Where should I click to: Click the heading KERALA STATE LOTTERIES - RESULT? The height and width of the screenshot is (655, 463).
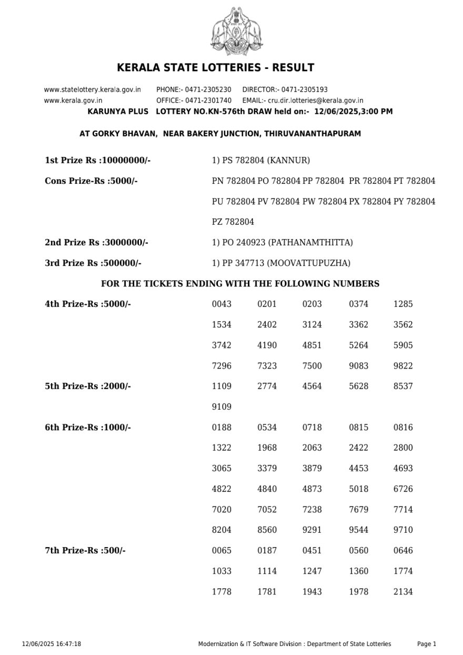tap(215, 68)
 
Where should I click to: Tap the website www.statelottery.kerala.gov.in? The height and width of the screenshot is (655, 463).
tap(92, 90)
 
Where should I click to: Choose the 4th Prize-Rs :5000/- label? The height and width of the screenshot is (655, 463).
tap(88, 304)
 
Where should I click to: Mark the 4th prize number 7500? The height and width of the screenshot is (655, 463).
tap(312, 366)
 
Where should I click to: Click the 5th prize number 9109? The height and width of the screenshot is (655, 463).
tap(222, 407)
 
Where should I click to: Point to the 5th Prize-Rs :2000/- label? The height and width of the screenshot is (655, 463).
tap(88, 386)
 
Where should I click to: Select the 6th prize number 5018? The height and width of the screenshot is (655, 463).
tap(358, 489)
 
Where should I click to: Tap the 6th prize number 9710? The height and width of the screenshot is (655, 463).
tap(403, 530)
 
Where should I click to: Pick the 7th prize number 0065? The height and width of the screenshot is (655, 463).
tap(222, 551)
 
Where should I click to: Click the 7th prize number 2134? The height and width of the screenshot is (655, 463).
tap(403, 592)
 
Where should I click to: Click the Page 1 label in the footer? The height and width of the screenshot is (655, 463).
tap(426, 644)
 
